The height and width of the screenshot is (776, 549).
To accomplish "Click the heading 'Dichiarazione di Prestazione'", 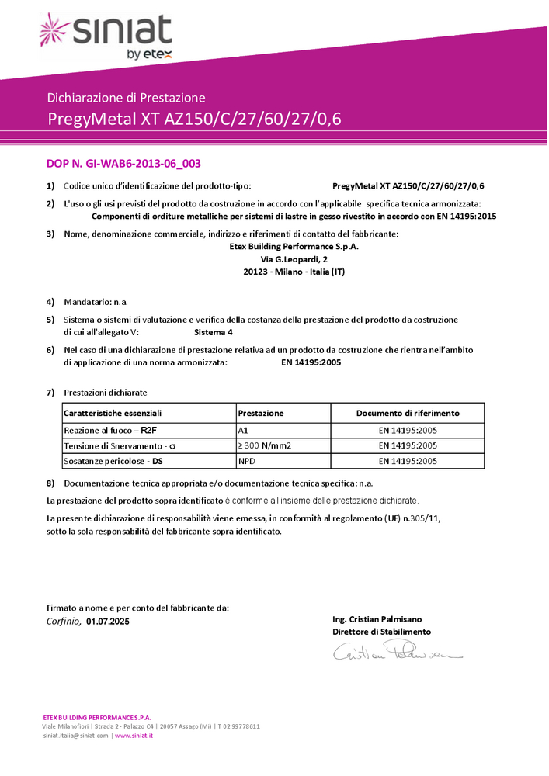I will pos(126,98).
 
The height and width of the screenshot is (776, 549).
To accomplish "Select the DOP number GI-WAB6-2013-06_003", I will pos(124,164).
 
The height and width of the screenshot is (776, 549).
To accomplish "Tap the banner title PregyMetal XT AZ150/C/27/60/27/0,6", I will pos(194,120).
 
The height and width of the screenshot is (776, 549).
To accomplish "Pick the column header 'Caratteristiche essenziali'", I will pos(113,414).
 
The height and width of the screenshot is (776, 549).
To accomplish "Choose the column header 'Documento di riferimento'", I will pos(408,414).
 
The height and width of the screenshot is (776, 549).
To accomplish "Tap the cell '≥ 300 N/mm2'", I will pos(264,445).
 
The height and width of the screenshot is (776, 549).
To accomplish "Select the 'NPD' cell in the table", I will pos(247,461).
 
